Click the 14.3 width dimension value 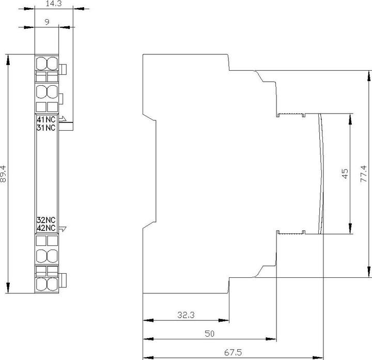[x=54, y=4]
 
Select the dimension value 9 [x=47, y=22]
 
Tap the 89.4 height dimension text [x=3, y=174]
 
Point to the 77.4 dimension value [x=363, y=174]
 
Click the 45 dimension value [x=345, y=174]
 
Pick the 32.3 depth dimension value [x=186, y=315]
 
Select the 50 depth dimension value [x=209, y=334]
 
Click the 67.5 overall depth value [x=233, y=352]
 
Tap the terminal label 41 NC [x=46, y=119]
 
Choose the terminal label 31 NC [x=46, y=128]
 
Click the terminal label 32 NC [x=46, y=220]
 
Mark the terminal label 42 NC [x=46, y=228]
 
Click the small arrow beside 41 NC [x=63, y=119]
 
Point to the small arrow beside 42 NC [x=63, y=229]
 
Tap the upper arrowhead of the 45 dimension [x=350, y=119]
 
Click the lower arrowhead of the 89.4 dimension [x=8, y=288]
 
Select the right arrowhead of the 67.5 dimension [x=318, y=357]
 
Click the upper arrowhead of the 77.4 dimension [x=369, y=76]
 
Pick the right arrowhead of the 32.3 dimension [x=224, y=320]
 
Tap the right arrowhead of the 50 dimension [x=271, y=339]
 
